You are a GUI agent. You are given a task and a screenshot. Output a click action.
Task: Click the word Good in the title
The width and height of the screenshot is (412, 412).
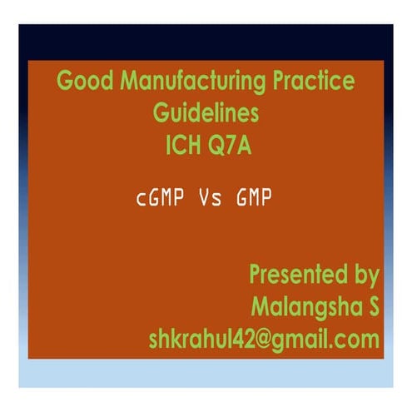tap(82, 82)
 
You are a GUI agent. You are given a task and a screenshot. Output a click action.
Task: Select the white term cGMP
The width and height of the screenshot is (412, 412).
tap(161, 200)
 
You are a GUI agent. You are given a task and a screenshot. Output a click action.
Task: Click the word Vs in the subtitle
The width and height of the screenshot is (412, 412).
tap(209, 200)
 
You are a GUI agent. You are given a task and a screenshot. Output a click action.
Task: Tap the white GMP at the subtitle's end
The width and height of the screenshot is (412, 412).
tap(254, 200)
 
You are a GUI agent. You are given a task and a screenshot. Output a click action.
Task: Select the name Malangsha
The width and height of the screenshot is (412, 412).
tap(305, 306)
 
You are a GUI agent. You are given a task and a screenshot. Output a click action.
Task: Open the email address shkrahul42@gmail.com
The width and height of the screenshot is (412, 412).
tap(264, 339)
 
